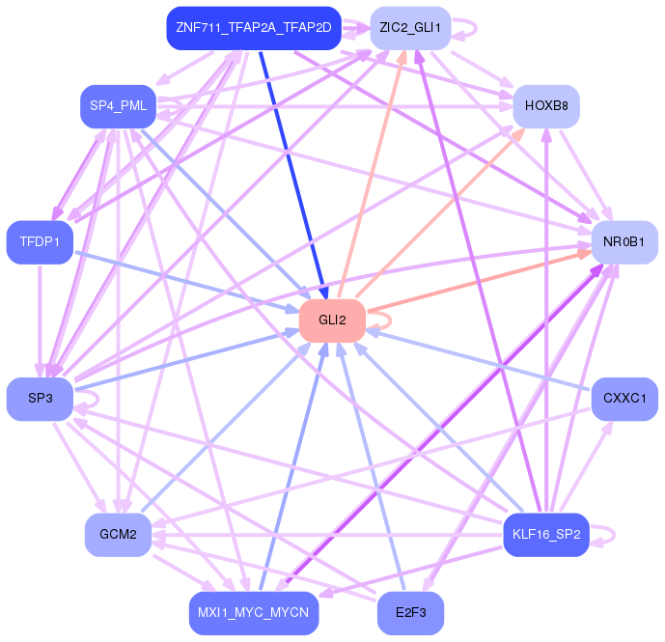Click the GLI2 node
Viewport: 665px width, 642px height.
(x=332, y=321)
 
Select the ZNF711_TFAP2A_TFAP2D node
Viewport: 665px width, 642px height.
(x=254, y=28)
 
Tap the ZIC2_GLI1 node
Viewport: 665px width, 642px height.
(x=410, y=28)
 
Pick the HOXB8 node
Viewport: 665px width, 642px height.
(x=546, y=106)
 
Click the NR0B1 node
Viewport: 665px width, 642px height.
(x=624, y=242)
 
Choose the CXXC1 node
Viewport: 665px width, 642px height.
(x=624, y=399)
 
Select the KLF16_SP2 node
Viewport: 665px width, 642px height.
(x=546, y=535)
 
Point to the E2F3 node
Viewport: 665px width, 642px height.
(x=410, y=613)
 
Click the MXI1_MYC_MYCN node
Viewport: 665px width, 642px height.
(x=254, y=613)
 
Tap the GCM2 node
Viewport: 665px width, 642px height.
(x=118, y=535)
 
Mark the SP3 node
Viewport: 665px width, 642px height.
(x=40, y=399)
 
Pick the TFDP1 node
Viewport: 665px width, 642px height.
(x=40, y=242)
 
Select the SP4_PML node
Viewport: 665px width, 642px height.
(x=118, y=106)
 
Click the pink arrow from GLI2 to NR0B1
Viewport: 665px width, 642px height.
(x=480, y=282)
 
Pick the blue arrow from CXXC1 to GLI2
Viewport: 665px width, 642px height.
(x=478, y=360)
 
